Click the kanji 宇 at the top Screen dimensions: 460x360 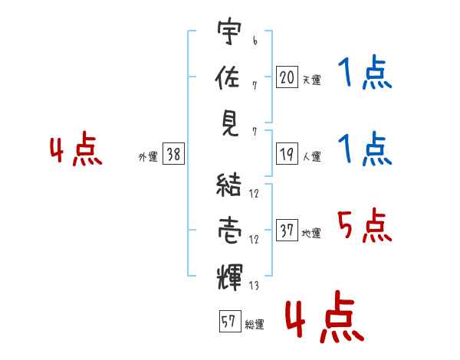[x=229, y=31]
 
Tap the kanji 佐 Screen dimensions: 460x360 [x=228, y=77]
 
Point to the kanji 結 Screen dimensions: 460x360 [x=228, y=185]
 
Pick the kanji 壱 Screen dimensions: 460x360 [x=230, y=231]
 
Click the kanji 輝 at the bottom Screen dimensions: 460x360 [x=230, y=277]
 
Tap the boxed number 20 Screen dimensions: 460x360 [x=287, y=77]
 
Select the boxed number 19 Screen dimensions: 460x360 [x=287, y=154]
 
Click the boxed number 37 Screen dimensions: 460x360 [x=287, y=230]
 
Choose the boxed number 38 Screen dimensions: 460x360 [x=173, y=154]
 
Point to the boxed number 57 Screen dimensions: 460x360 [x=230, y=321]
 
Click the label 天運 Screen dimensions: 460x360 [x=312, y=80]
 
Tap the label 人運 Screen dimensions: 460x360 [x=312, y=156]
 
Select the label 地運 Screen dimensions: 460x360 [x=311, y=234]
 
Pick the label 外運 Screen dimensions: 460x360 [x=148, y=157]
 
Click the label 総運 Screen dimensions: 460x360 [x=255, y=325]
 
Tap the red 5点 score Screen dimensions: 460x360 [x=365, y=225]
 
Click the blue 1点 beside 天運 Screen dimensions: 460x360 [x=365, y=72]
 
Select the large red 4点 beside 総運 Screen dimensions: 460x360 [x=325, y=316]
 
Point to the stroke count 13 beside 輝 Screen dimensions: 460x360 [x=254, y=285]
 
